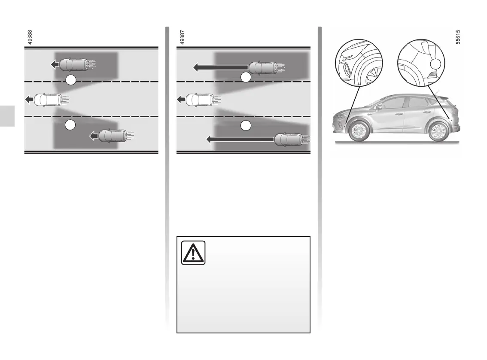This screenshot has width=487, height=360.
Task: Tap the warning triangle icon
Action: tap(193, 253)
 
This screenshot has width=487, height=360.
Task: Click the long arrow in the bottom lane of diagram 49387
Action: tap(240, 139)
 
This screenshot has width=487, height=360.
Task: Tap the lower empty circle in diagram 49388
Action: tap(70, 125)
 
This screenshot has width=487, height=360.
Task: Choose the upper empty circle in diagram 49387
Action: tap(245, 78)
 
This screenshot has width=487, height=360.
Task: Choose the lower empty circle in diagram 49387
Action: tap(245, 126)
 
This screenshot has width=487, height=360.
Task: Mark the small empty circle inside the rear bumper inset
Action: tap(435, 64)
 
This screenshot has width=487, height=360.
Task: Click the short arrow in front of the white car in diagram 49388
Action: tap(30, 100)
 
